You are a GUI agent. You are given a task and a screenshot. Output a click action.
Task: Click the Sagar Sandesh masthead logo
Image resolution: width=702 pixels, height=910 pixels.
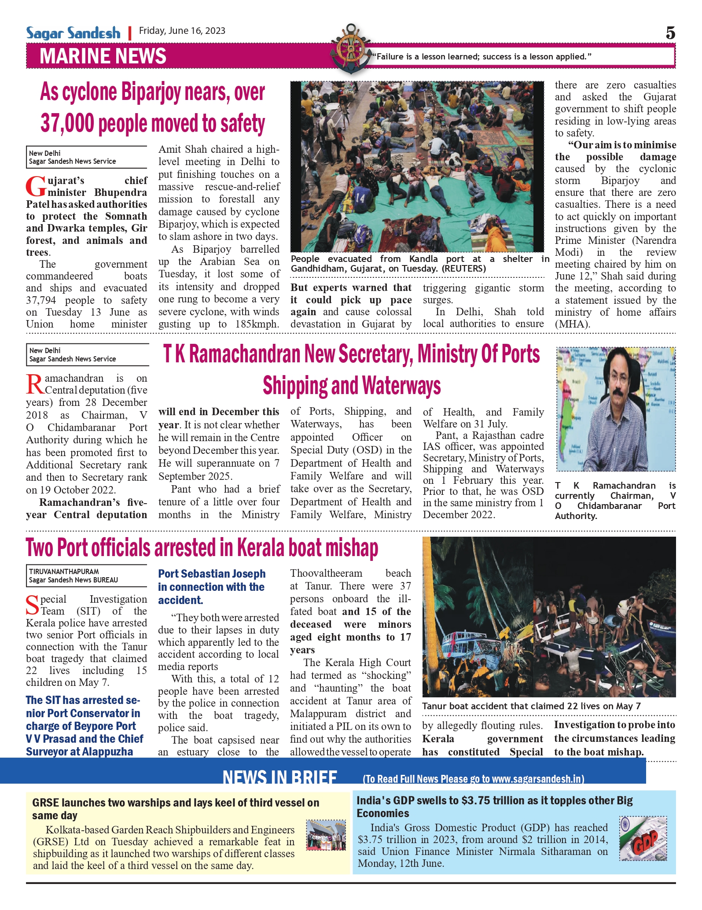[x=73, y=33]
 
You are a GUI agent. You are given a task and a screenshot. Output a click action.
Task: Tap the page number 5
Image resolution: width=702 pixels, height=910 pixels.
[x=670, y=33]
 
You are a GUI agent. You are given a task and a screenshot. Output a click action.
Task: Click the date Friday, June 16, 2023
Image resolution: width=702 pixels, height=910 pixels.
[x=182, y=31]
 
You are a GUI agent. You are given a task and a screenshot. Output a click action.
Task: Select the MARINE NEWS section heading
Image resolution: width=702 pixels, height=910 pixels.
[x=103, y=57]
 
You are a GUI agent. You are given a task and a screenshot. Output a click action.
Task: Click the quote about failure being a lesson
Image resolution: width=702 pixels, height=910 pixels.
[x=482, y=57]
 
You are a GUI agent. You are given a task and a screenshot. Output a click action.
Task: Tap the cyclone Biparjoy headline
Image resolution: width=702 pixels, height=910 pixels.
[x=153, y=107]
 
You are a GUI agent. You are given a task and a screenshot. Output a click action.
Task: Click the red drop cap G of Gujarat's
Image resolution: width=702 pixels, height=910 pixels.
[x=35, y=186]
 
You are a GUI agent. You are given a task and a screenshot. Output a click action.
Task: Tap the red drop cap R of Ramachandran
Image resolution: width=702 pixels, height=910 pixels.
[x=34, y=384]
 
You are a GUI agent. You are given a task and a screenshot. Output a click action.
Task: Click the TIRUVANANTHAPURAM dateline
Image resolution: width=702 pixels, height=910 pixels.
[x=64, y=571]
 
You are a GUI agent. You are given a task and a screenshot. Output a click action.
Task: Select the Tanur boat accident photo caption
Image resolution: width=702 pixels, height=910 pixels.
[x=531, y=706]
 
